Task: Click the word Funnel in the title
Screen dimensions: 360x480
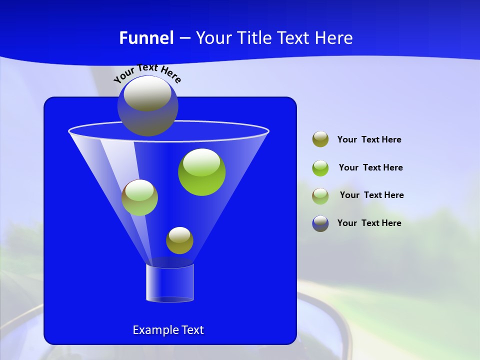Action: point(146,38)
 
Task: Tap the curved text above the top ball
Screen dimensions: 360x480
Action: point(147,73)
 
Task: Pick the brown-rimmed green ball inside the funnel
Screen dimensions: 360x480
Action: point(139,198)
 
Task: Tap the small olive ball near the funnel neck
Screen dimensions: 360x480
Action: point(179,240)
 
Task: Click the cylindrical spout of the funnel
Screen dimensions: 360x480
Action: point(169,283)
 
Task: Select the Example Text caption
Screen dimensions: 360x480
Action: point(168,330)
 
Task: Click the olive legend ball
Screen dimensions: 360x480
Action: point(320,139)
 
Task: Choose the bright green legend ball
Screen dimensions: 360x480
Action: point(320,167)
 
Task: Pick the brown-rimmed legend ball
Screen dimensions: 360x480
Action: point(320,195)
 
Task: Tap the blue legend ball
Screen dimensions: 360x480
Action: point(320,223)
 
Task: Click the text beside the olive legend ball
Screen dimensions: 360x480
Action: point(369,140)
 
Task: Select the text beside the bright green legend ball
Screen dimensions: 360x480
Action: point(370,167)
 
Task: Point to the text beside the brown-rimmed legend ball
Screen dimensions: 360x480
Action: point(371,195)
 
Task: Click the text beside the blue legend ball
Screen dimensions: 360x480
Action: point(369,223)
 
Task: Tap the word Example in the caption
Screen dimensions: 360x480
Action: point(152,330)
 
